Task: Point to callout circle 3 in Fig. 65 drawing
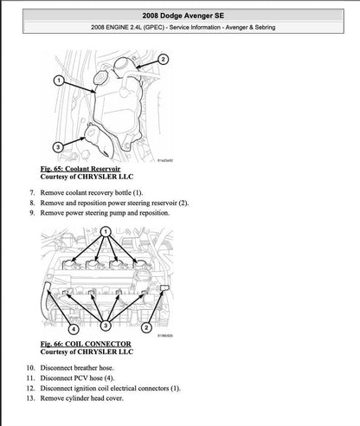pyautogui.click(x=57, y=146)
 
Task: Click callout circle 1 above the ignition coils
pyautogui.click(x=106, y=233)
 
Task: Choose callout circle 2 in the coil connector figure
pyautogui.click(x=145, y=329)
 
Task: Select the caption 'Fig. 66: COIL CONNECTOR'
pyautogui.click(x=87, y=344)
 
